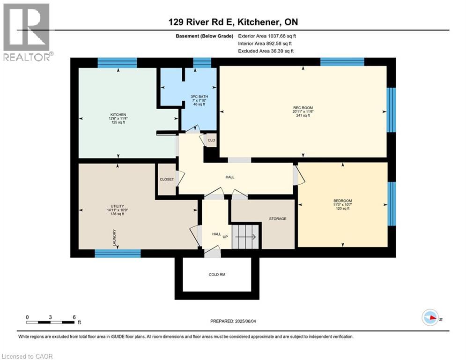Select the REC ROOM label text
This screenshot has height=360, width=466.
pyautogui.click(x=303, y=108)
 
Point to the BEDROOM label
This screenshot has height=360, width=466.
pyautogui.click(x=342, y=201)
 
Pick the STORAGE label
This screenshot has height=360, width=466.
pyautogui.click(x=277, y=218)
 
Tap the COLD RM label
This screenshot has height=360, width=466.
pyautogui.click(x=217, y=275)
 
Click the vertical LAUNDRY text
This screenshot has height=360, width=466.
pyautogui.click(x=114, y=238)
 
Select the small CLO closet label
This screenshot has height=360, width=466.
pyautogui.click(x=211, y=140)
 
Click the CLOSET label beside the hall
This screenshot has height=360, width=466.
pyautogui.click(x=166, y=179)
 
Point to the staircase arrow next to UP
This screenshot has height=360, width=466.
pyautogui.click(x=245, y=237)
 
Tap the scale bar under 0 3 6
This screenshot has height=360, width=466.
pyautogui.click(x=51, y=322)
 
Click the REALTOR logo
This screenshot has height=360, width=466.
pyautogui.click(x=26, y=33)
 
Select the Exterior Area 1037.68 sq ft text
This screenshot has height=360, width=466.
pyautogui.click(x=267, y=36)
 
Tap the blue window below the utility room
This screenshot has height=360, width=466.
pyautogui.click(x=118, y=254)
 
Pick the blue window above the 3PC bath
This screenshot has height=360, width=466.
pyautogui.click(x=202, y=63)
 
